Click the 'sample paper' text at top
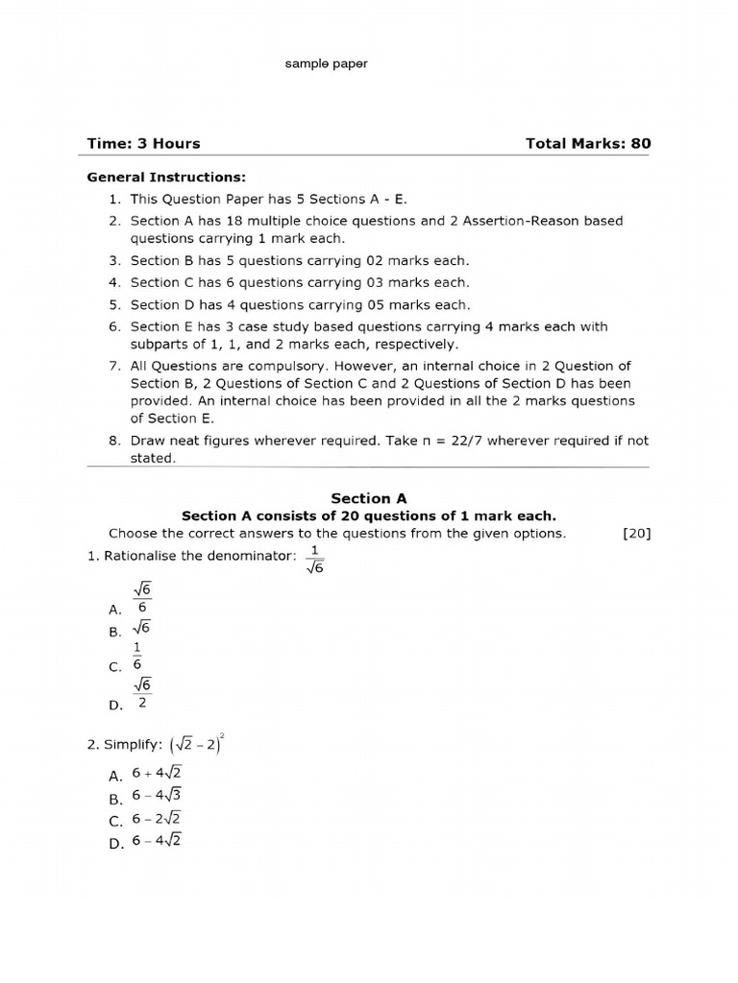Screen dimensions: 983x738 coord(326,63)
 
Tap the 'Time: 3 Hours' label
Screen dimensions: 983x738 coord(144,144)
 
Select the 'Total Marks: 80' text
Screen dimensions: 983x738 coord(588,144)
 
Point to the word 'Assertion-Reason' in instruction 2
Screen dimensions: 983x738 coord(511,221)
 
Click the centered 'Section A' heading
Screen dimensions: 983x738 coord(369,498)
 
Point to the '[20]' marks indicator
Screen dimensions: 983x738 coord(636,534)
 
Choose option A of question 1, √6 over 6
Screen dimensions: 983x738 coord(142,599)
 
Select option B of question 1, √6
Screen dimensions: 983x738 coord(142,629)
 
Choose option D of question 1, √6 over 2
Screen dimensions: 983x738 coord(142,693)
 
